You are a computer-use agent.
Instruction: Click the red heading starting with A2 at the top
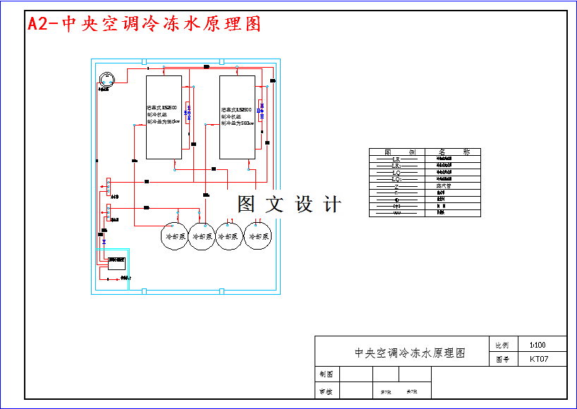[145, 24]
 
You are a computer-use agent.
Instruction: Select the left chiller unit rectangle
[164, 117]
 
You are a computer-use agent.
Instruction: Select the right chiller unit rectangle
[237, 117]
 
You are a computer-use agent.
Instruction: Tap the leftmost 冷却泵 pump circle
[174, 236]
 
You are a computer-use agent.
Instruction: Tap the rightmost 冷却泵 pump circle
[257, 236]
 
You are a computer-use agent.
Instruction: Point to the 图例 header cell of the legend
[396, 152]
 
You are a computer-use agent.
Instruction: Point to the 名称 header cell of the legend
[452, 152]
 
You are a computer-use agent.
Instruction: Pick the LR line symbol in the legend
[396, 159]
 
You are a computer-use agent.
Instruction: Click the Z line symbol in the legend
[396, 186]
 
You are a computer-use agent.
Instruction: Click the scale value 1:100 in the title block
[537, 345]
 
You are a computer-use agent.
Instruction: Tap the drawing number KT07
[538, 359]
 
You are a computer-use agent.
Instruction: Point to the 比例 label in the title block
[502, 346]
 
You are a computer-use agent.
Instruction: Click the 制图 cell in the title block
[326, 374]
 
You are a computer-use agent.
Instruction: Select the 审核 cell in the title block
[326, 391]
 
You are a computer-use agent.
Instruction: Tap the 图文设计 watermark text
[289, 204]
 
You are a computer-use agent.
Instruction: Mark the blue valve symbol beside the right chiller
[261, 109]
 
